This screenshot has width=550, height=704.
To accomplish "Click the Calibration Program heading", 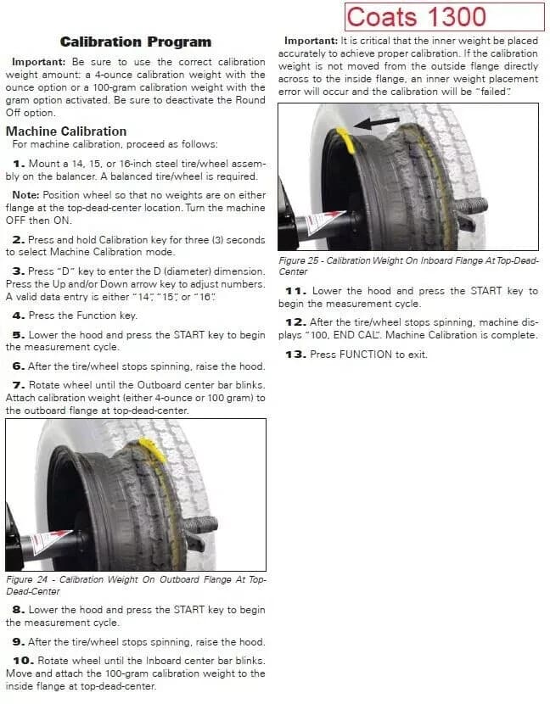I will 136,42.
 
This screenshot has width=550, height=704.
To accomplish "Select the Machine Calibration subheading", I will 66,131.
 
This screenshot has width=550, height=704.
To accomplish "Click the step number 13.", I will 294,354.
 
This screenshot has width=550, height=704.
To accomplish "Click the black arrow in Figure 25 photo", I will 377,123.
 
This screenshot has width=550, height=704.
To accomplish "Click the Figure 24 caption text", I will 136,584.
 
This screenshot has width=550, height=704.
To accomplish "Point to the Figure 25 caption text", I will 408,266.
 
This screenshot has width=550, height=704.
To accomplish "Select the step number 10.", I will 23,660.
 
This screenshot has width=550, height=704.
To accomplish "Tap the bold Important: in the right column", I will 311,41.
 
